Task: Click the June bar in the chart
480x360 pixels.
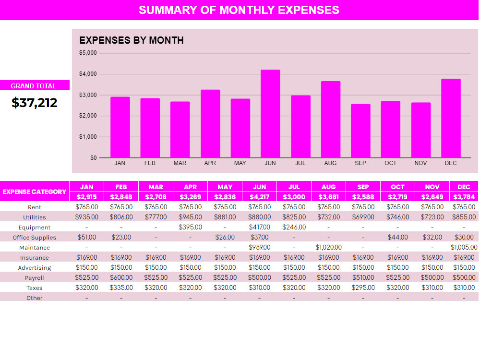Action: [x=270, y=114]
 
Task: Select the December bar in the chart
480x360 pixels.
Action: [x=451, y=118]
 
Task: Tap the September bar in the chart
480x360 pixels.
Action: [x=360, y=131]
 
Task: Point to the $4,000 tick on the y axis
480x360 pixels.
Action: [x=88, y=74]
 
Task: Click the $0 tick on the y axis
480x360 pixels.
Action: [x=94, y=157]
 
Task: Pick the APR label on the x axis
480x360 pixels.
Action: [x=210, y=163]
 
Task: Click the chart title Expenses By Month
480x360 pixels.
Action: [x=132, y=40]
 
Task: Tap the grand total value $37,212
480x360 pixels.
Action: [x=34, y=103]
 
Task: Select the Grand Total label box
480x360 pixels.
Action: [x=35, y=85]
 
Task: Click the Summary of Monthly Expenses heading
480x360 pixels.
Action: [x=239, y=10]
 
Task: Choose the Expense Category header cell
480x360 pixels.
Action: [x=35, y=192]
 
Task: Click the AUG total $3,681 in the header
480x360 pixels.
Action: [x=328, y=196]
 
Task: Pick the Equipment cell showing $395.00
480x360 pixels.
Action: [x=191, y=227]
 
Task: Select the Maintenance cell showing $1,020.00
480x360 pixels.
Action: [x=328, y=247]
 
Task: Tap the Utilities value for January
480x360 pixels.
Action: [x=86, y=217]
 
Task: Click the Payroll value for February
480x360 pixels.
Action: [x=121, y=277]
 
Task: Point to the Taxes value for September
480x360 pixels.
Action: [x=363, y=288]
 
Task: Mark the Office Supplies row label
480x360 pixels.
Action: [x=34, y=237]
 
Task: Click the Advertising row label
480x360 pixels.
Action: [x=34, y=267]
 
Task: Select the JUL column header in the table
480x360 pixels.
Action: [x=294, y=187]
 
